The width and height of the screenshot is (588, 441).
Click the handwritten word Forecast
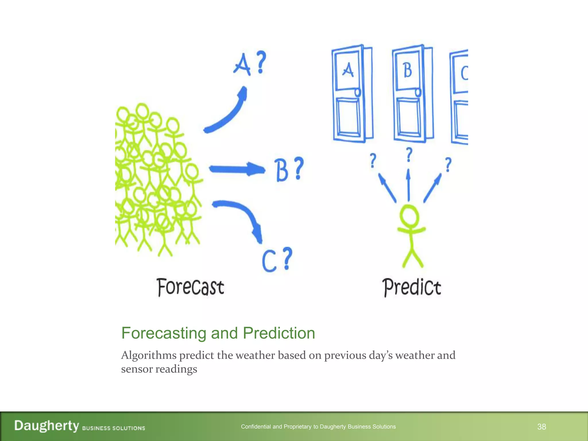(x=191, y=287)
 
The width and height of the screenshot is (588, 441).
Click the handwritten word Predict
(x=411, y=287)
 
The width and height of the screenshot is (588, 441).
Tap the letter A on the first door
(x=348, y=70)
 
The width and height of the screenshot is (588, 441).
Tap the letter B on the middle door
(x=407, y=70)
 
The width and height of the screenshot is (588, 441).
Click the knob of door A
(x=357, y=92)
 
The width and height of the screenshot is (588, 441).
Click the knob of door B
(x=418, y=92)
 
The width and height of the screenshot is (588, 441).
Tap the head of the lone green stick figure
(x=409, y=216)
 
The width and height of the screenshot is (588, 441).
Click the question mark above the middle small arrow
(x=409, y=154)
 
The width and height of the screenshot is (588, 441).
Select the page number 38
(x=541, y=427)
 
